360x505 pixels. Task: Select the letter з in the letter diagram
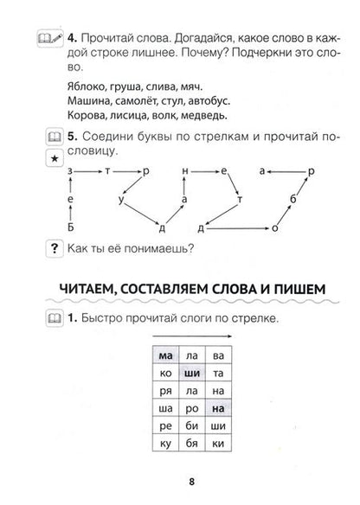69,172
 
